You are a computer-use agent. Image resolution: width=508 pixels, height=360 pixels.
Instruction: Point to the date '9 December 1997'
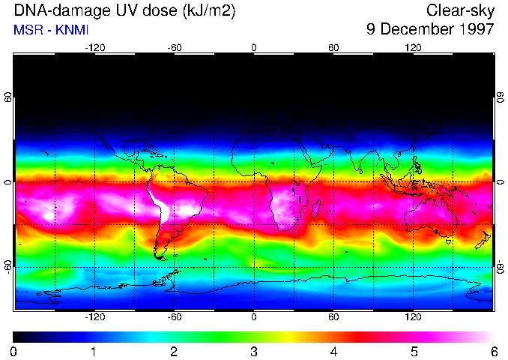[x=430, y=30]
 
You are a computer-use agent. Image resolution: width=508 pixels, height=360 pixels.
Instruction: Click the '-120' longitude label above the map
[x=94, y=47]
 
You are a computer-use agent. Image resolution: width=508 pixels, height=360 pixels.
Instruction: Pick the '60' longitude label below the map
[x=333, y=316]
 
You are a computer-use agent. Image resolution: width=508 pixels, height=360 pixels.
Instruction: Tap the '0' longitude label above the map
[x=254, y=47]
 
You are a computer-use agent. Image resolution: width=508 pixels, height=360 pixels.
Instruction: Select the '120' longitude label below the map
[x=413, y=316]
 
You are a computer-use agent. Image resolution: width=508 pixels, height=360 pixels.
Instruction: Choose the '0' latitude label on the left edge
[x=7, y=182]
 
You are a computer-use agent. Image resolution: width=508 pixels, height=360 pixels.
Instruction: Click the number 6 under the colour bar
[x=494, y=351]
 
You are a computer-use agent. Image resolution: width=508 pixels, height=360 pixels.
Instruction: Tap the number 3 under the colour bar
[x=254, y=351]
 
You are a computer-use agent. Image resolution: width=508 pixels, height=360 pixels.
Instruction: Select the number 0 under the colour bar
[x=13, y=351]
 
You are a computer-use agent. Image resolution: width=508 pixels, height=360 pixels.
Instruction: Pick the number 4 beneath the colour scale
[x=333, y=351]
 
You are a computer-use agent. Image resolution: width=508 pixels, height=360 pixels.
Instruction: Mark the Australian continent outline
[x=427, y=217]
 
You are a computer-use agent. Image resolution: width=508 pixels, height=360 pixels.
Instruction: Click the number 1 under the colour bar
[x=94, y=351]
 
